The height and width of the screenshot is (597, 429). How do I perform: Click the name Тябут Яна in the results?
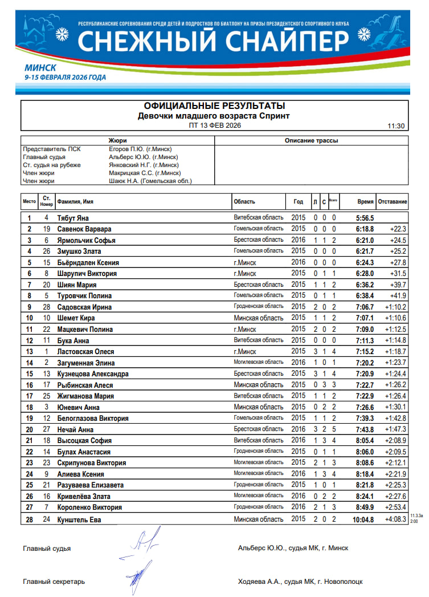(73, 218)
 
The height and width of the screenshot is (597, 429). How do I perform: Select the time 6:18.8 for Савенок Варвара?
(365, 229)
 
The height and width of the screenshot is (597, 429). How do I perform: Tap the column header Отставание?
(393, 202)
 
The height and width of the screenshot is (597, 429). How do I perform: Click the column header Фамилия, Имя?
(75, 202)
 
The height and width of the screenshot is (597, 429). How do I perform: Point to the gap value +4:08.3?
(395, 519)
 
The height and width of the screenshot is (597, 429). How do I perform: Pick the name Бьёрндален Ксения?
(88, 262)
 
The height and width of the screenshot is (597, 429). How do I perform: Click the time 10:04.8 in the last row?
(363, 519)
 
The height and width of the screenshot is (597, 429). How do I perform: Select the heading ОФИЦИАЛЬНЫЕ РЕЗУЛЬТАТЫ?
(215, 106)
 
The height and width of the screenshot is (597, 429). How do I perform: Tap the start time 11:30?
(395, 126)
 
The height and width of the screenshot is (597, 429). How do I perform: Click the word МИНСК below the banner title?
(40, 67)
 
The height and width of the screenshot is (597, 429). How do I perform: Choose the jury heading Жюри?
(117, 140)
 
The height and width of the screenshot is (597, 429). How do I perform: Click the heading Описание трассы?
(311, 140)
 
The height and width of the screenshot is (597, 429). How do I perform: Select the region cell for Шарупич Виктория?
(245, 273)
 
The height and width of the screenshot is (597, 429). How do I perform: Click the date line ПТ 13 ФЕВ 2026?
(215, 125)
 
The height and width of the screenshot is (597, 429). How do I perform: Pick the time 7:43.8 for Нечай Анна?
(365, 429)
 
